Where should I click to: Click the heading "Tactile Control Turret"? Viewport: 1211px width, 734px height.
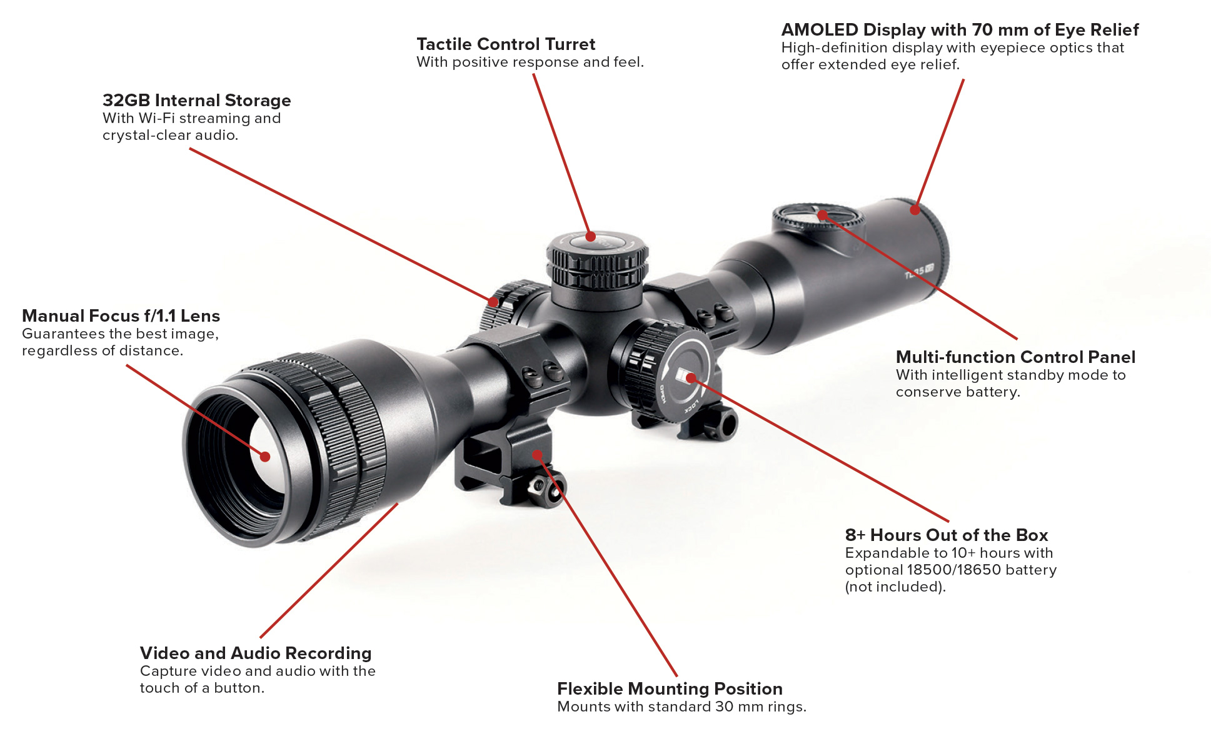(506, 44)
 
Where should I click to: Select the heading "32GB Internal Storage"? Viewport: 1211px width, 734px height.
(196, 101)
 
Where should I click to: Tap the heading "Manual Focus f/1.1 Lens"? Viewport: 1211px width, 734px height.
(121, 316)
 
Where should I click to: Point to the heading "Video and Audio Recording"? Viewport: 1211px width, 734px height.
(256, 653)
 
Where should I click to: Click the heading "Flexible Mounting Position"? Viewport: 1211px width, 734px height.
(670, 689)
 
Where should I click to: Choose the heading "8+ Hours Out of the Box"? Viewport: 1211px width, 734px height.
(946, 535)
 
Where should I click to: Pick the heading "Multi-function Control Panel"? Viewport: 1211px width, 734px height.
(1015, 357)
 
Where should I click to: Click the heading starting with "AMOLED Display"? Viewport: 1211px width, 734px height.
(960, 30)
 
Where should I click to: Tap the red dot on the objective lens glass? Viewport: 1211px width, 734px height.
(265, 457)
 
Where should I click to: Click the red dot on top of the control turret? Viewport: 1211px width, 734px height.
(590, 237)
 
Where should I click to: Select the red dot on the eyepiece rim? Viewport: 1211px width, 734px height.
(915, 210)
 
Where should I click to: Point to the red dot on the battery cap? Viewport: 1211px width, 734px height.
(691, 378)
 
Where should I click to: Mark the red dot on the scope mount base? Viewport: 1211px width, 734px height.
(537, 454)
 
